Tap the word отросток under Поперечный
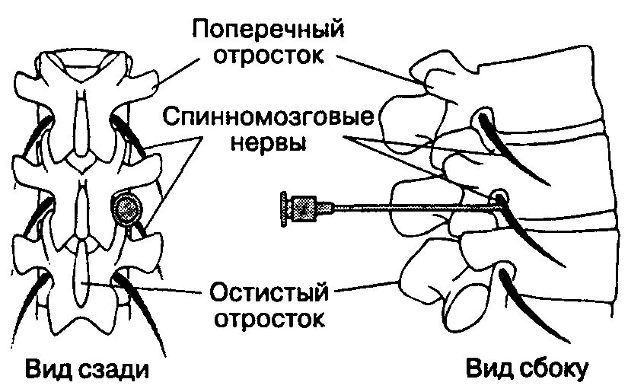click(269, 57)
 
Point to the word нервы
click(269, 145)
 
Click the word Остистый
click(269, 292)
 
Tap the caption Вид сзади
click(86, 371)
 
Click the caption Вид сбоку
click(528, 371)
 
